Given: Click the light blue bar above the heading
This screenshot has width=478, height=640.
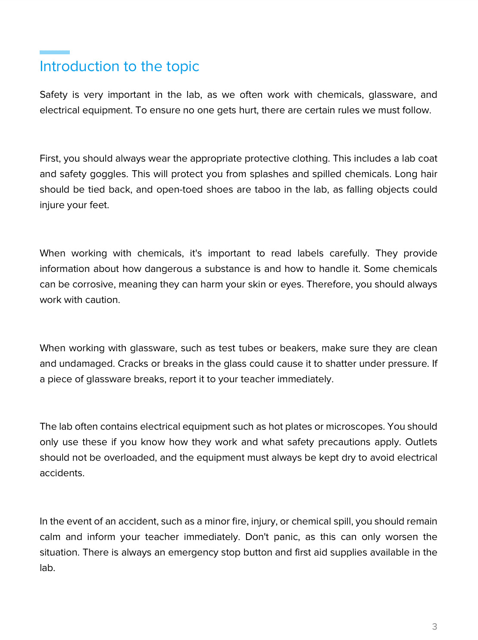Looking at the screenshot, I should click(x=55, y=52).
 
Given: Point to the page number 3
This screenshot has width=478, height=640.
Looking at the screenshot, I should click(x=434, y=627).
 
